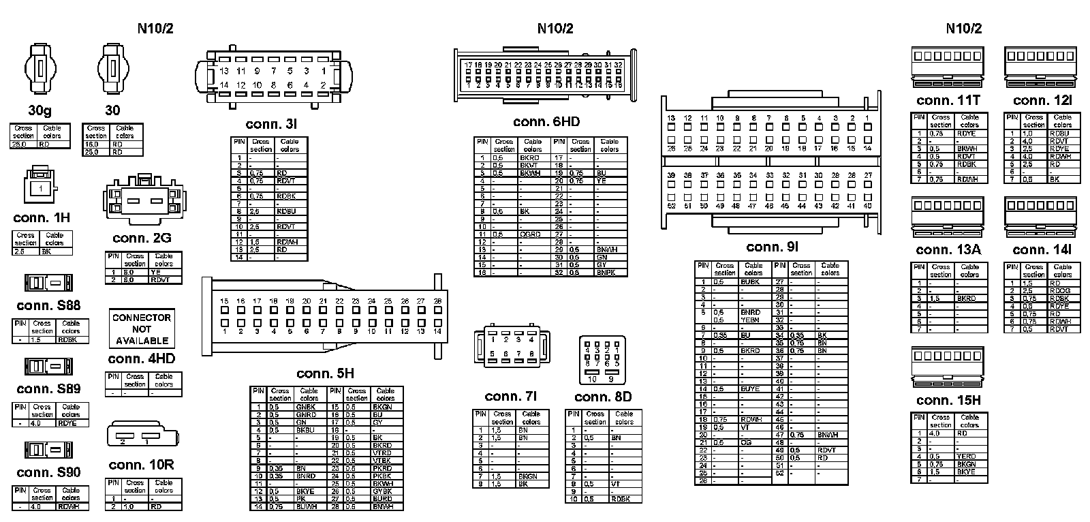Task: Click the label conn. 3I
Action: [x=271, y=125]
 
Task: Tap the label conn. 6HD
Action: [x=546, y=122]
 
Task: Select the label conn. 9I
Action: [x=772, y=247]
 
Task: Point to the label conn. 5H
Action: [x=325, y=373]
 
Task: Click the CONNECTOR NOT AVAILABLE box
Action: [x=142, y=329]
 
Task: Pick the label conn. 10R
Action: [x=141, y=465]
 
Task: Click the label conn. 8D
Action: [x=603, y=397]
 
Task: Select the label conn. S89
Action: [x=48, y=389]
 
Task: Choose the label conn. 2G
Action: [x=142, y=238]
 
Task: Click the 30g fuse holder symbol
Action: [x=40, y=70]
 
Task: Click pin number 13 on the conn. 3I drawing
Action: [x=224, y=71]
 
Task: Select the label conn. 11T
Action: [x=948, y=100]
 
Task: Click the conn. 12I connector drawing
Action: [x=1041, y=67]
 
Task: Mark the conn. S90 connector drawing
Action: [x=44, y=450]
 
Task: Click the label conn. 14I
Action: [x=1042, y=250]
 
